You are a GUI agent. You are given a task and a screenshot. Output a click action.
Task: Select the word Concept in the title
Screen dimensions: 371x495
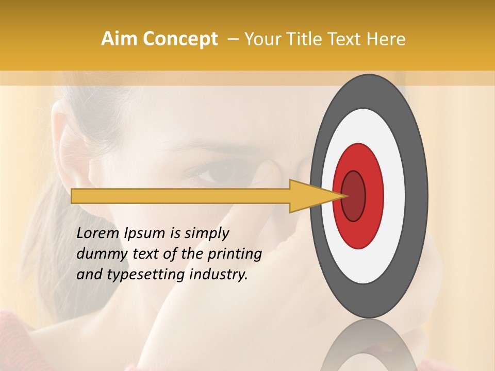tap(180, 39)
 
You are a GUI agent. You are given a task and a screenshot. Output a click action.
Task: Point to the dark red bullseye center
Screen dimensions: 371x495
tap(353, 196)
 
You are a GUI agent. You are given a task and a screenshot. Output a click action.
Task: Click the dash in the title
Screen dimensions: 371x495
tap(233, 39)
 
